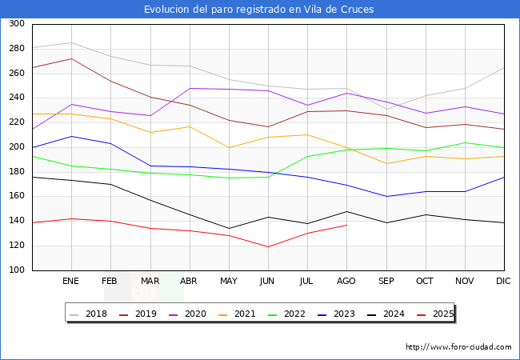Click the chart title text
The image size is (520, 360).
(x=259, y=10)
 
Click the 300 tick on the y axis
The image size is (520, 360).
(x=15, y=24)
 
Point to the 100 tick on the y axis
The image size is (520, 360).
(x=15, y=270)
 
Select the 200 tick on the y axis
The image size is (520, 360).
(x=15, y=147)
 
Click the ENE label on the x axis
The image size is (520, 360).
(x=71, y=282)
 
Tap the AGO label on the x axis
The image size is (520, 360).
(x=346, y=282)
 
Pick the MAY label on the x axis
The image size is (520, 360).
(x=229, y=282)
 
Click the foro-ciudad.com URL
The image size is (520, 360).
(x=458, y=347)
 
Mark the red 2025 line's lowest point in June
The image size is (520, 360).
(x=268, y=247)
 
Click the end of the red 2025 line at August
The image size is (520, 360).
(x=346, y=225)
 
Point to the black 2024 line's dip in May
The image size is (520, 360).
(x=229, y=229)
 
